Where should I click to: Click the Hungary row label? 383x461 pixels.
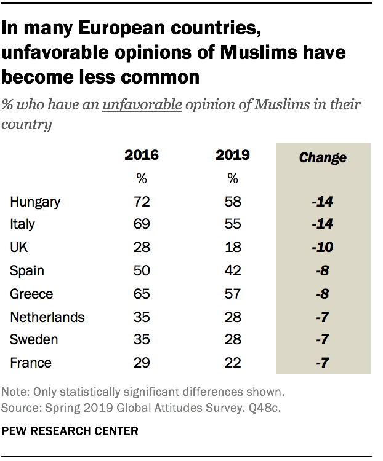(35, 202)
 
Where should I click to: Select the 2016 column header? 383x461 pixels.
(142, 155)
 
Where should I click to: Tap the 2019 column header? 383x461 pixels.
(232, 155)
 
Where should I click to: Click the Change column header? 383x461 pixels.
(323, 157)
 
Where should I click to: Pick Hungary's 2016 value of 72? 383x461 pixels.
(142, 202)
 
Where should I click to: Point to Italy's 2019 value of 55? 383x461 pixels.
(232, 224)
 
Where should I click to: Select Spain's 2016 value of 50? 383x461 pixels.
(142, 270)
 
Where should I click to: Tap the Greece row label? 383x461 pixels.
(31, 294)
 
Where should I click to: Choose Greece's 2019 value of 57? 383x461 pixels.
(232, 294)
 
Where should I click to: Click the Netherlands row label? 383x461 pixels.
(47, 317)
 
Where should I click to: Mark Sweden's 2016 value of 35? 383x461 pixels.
(142, 340)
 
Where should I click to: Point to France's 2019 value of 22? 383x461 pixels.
(232, 363)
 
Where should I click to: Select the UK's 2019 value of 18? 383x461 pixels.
(232, 248)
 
